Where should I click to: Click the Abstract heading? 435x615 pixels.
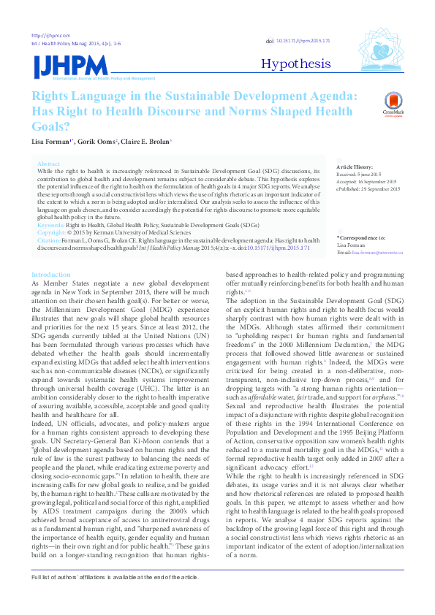[48, 164]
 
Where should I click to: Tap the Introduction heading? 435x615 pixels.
[51, 253]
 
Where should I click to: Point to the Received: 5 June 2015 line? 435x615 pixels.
[361, 175]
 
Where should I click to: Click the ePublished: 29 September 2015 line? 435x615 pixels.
[368, 188]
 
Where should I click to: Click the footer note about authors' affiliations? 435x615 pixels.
[115, 597]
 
